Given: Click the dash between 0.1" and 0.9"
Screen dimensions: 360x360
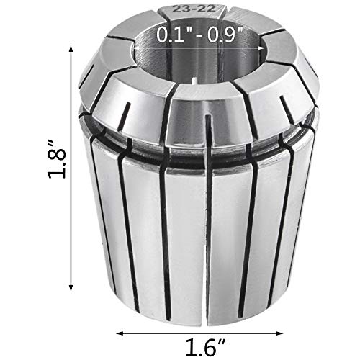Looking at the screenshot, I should tap(199, 33).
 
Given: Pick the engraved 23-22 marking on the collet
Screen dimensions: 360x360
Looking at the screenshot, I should tap(194, 11).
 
